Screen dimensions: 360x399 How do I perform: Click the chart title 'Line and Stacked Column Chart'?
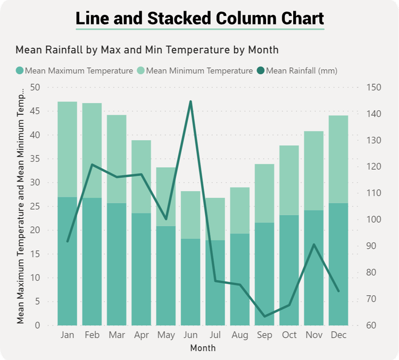[x=199, y=18]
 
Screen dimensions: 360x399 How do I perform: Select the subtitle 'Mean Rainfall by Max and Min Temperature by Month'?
[x=147, y=50]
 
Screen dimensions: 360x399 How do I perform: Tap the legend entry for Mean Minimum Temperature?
[x=195, y=70]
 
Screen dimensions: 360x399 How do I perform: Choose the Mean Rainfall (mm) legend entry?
[x=297, y=70]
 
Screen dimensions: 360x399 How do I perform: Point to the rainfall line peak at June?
[x=190, y=101]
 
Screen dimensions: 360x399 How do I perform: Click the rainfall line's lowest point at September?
[x=264, y=316]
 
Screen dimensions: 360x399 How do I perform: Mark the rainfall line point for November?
[x=314, y=244]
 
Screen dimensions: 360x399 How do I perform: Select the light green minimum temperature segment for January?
[x=68, y=149]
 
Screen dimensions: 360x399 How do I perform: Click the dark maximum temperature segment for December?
[x=338, y=264]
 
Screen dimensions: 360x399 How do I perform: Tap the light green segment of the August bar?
[x=240, y=210]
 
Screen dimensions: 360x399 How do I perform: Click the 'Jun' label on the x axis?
[x=190, y=335]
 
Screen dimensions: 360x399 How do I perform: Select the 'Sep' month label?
[x=264, y=335]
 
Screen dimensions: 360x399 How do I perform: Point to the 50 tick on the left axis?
[x=36, y=87]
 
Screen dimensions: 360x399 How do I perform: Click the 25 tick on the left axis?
[x=36, y=207]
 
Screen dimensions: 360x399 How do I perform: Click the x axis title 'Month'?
[x=203, y=348]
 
